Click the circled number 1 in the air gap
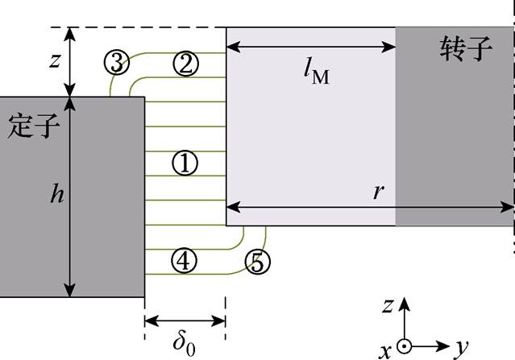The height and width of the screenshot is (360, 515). pos(185,163)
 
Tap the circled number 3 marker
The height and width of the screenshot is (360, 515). pos(117,61)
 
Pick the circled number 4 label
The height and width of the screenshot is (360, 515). pos(185,260)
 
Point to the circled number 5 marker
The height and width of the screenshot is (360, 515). pos(258,261)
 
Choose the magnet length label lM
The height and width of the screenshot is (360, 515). pos(317,75)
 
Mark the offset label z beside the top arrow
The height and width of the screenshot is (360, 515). pos(54,61)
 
